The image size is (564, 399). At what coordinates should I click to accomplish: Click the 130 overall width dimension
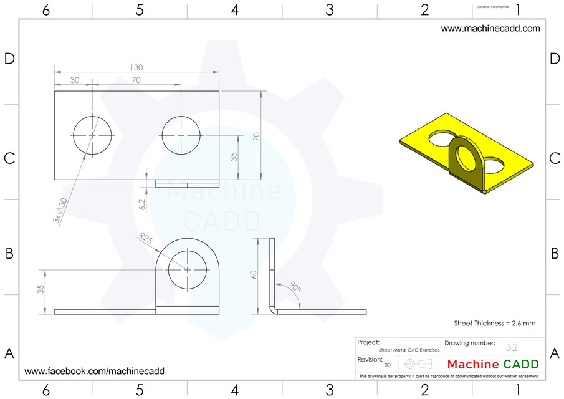135,67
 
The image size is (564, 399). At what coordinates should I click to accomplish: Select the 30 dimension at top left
74,80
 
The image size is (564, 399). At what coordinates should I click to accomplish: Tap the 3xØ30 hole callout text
61,211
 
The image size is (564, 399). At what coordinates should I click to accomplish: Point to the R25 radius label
145,239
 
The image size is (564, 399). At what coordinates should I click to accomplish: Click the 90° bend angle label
295,288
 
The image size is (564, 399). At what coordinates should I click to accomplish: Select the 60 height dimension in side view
254,274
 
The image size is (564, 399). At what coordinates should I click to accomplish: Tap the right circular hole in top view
181,135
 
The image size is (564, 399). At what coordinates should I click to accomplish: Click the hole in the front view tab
188,269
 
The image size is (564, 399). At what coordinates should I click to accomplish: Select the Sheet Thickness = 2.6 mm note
495,323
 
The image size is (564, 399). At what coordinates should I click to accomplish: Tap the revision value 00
387,365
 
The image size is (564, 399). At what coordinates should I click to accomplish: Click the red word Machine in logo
473,364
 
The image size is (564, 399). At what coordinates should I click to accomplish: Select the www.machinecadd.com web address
490,29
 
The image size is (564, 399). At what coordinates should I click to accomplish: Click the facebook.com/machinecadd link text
94,371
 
